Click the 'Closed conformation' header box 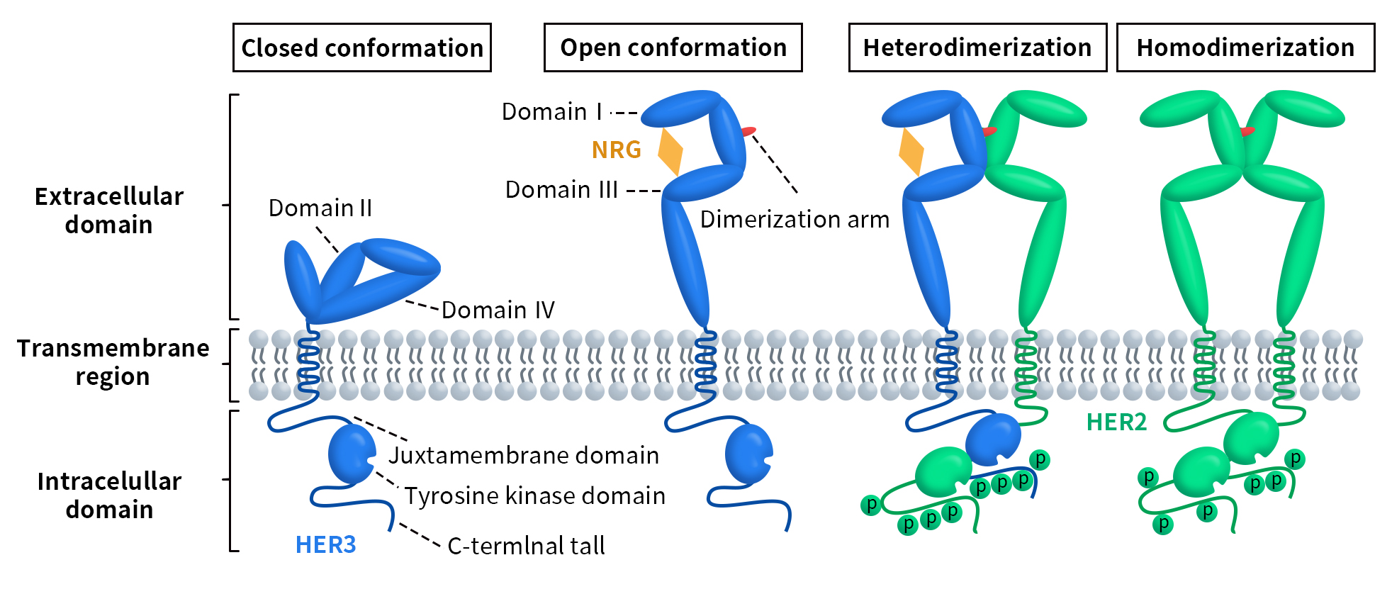[362, 47]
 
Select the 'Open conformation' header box [673, 47]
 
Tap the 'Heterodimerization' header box [977, 47]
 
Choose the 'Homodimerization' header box [1245, 47]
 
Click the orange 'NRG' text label [616, 150]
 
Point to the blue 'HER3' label [325, 544]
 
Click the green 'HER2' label [1116, 422]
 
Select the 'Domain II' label [320, 208]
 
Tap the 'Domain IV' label [498, 310]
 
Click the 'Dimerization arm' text [795, 220]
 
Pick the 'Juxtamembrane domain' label [524, 455]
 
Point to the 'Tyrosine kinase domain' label [535, 496]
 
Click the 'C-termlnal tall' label [526, 546]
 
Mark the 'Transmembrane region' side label [113, 362]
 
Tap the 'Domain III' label [561, 190]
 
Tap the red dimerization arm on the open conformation [748, 131]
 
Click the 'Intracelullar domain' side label [110, 495]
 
